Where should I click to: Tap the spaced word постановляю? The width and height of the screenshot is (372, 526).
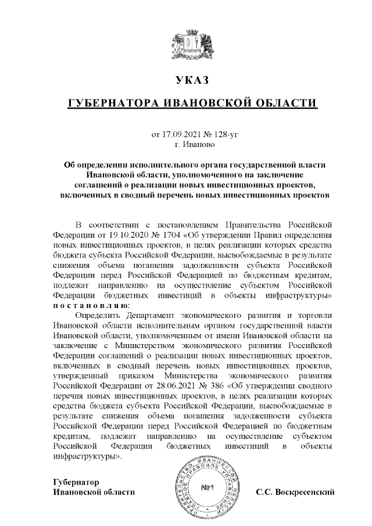91,306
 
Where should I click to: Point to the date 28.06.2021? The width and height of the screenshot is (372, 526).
157,384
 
